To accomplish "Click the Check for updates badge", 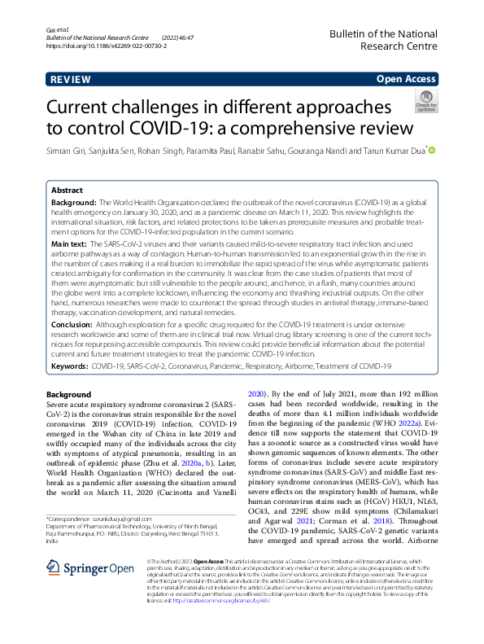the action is (425, 102).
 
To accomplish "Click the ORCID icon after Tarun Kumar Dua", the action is (432, 151).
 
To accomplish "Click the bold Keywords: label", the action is (70, 366).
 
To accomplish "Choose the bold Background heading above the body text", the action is (69, 394).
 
